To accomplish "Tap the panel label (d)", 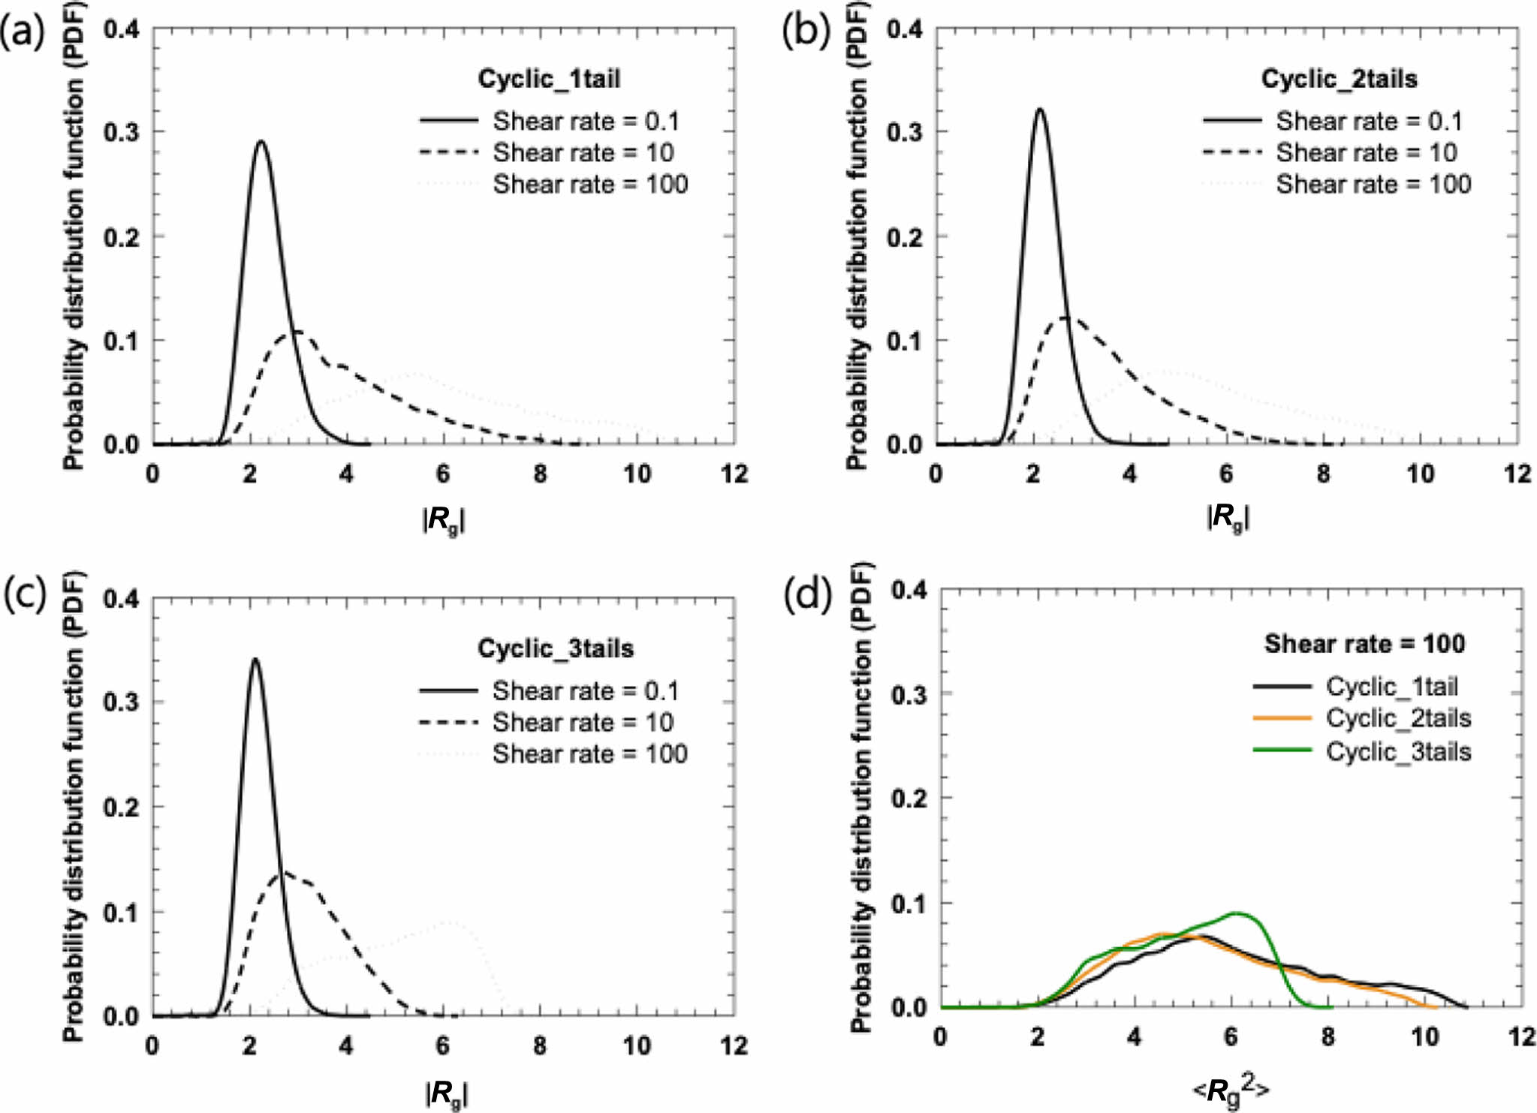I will coord(808,596).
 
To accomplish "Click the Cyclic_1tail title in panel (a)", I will coord(549,79).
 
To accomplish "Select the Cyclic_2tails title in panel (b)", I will coord(1339,79).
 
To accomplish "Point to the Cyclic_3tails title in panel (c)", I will coord(556,648).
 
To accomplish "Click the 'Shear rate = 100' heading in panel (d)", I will coord(1364,644).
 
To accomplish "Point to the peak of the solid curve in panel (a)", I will coord(261,141).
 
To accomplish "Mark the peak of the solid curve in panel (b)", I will coord(1040,110).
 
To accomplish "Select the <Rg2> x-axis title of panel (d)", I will coord(1231,1090).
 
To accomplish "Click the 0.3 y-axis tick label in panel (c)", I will coord(122,702).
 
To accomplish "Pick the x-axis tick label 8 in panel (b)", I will coord(1323,474).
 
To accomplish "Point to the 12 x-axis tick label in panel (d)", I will coord(1521,1037).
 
